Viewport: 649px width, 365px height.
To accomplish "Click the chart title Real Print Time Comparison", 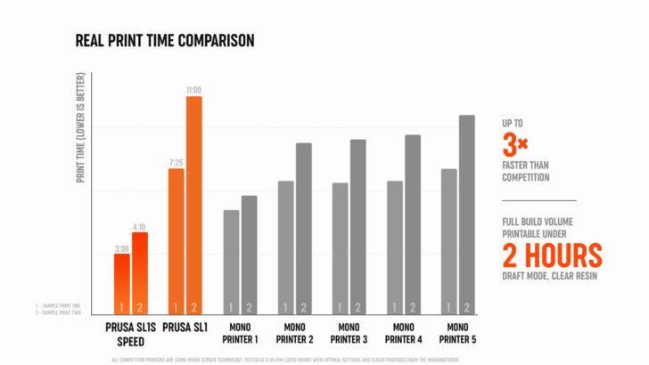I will pyautogui.click(x=165, y=40).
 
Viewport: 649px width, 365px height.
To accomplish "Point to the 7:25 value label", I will pyautogui.click(x=176, y=163).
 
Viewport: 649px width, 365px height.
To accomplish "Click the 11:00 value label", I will pyautogui.click(x=194, y=90).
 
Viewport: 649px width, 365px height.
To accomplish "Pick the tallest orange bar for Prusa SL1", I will pyautogui.click(x=194, y=205).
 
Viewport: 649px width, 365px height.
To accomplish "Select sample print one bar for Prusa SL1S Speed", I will pyautogui.click(x=121, y=284).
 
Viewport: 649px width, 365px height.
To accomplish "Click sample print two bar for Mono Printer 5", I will pyautogui.click(x=467, y=214).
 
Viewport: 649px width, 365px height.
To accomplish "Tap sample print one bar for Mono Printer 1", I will pyautogui.click(x=231, y=262).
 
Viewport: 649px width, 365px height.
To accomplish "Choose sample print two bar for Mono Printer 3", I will pyautogui.click(x=357, y=226).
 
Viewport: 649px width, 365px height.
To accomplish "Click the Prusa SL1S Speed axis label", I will pyautogui.click(x=131, y=333).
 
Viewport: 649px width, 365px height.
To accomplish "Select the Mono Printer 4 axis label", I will pyautogui.click(x=403, y=333).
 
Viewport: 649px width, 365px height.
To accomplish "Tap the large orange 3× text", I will pyautogui.click(x=516, y=143).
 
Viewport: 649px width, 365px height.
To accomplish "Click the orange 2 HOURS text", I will pyautogui.click(x=551, y=255).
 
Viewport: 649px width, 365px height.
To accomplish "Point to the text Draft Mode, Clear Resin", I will pyautogui.click(x=549, y=276).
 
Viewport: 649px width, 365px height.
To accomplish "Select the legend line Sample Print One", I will pyautogui.click(x=56, y=306).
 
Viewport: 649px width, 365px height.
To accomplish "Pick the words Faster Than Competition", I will pyautogui.click(x=526, y=171).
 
